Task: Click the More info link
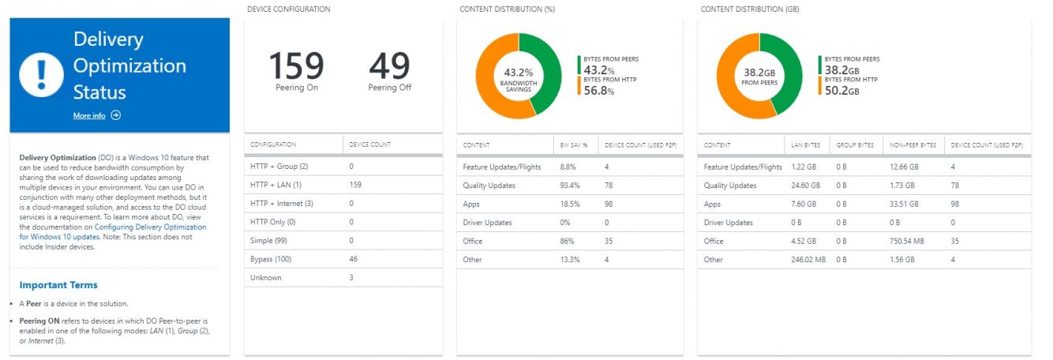pyautogui.click(x=89, y=115)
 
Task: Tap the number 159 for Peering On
pyautogui.click(x=296, y=66)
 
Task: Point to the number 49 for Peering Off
pyautogui.click(x=389, y=66)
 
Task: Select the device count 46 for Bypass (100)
pyautogui.click(x=354, y=259)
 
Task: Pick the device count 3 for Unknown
pyautogui.click(x=351, y=278)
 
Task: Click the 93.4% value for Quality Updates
pyautogui.click(x=568, y=186)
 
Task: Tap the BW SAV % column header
pyautogui.click(x=574, y=145)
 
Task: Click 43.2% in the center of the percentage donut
pyautogui.click(x=518, y=73)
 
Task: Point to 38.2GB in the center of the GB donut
pyautogui.click(x=759, y=73)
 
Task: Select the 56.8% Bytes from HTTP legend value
pyautogui.click(x=599, y=91)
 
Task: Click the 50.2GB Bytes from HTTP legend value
pyautogui.click(x=841, y=91)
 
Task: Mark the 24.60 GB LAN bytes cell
pyautogui.click(x=808, y=186)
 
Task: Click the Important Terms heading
pyautogui.click(x=58, y=285)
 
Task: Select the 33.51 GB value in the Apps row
pyautogui.click(x=904, y=204)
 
